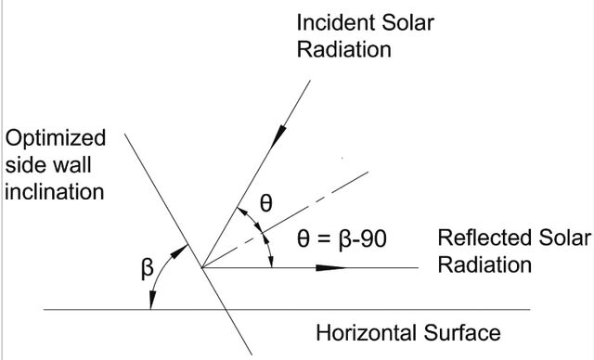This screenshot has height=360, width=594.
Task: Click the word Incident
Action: pos(336,22)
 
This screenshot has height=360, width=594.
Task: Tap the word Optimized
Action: pos(56,139)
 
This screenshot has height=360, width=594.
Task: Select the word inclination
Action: pos(55,192)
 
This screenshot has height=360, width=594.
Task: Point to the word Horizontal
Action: pos(367,333)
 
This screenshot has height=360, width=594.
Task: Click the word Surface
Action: pos(462,333)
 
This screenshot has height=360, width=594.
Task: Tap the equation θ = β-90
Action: pos(342,239)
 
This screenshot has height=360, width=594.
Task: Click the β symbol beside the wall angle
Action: pos(147,268)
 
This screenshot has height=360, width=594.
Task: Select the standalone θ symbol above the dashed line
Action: pos(266,203)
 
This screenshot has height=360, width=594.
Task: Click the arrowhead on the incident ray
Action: pos(278,136)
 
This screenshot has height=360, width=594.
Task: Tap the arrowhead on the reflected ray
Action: pos(330,268)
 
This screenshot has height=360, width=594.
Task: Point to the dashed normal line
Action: pos(285,220)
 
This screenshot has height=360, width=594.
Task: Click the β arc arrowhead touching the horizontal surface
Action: pos(151,301)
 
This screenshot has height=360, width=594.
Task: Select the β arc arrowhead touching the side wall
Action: pos(179,251)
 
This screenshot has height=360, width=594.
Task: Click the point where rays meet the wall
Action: pos(202,268)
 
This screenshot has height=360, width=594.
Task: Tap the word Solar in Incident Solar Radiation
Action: pos(407,22)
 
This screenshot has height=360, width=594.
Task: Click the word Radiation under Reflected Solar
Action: pos(484,264)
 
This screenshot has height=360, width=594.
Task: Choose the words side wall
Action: pos(48,165)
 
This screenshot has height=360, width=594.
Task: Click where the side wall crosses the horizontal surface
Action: pos(226,310)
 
